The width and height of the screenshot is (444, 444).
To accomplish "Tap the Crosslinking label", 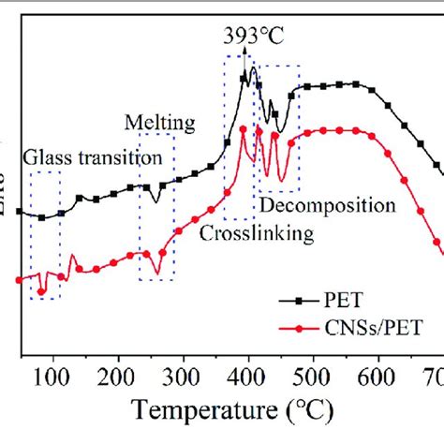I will click(256, 233).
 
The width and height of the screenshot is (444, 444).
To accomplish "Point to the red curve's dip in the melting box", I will click(156, 273).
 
